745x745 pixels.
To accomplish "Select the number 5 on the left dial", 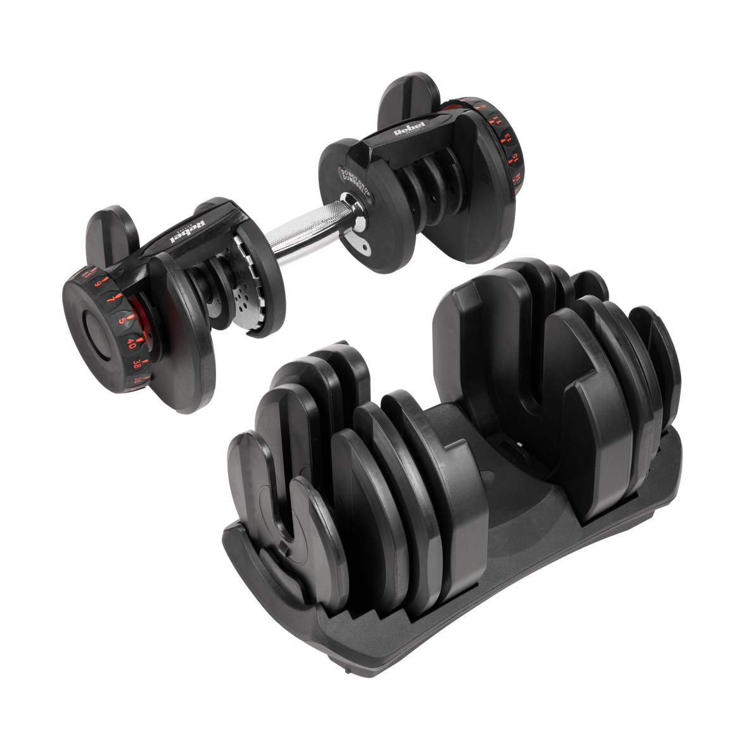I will (x=122, y=321).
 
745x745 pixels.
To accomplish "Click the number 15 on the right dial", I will (x=514, y=156).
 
